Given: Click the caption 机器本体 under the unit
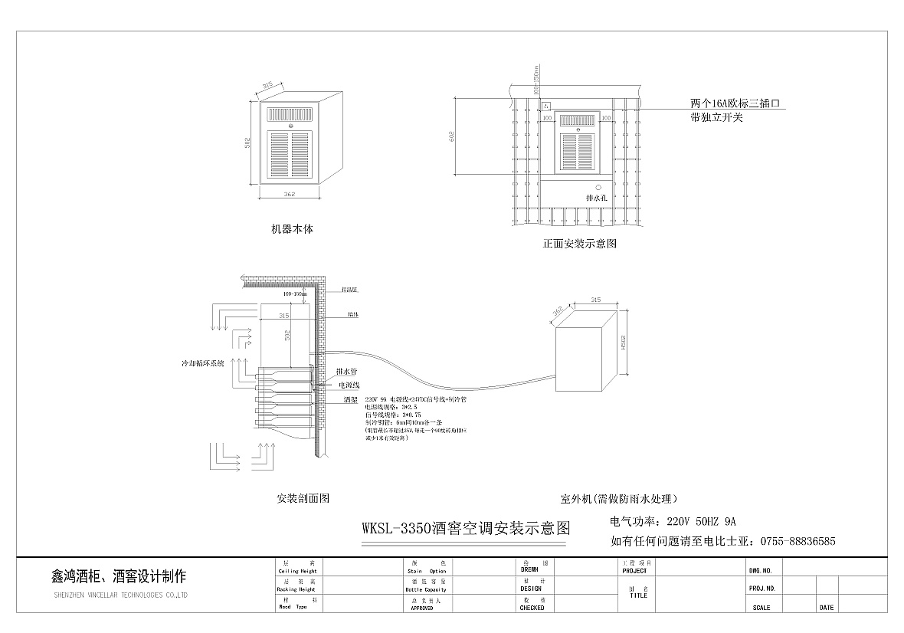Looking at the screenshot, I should click(292, 229).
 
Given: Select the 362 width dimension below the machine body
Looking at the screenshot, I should click(290, 195).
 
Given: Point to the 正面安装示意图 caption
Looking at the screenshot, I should click(579, 244).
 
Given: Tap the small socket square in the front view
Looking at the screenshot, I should click(546, 106).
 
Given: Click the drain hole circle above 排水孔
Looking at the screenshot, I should click(598, 186).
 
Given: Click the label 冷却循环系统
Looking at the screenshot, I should click(202, 363).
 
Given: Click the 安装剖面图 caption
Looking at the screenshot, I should click(303, 498).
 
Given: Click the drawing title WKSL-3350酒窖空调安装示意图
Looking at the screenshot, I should click(466, 528).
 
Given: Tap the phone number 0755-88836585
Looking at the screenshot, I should click(798, 541).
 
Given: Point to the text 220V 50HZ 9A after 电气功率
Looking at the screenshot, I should click(701, 522).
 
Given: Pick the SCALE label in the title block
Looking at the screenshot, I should click(762, 608).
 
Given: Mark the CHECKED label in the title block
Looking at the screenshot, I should click(532, 608).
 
